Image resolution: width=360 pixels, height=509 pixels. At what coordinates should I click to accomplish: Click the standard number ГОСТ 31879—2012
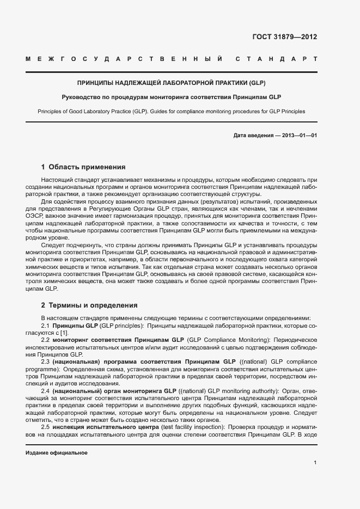tap(284, 37)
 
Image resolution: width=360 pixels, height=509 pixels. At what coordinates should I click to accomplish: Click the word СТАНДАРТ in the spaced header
tap(276, 58)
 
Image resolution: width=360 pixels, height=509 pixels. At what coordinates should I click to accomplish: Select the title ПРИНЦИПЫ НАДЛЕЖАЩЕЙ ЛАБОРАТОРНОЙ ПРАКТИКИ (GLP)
tap(171, 83)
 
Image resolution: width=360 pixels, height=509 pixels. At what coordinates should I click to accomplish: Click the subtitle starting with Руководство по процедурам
tap(171, 97)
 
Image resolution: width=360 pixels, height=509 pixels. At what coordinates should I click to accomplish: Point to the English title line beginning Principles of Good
tap(171, 111)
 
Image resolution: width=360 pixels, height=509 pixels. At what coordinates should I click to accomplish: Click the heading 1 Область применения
tap(83, 167)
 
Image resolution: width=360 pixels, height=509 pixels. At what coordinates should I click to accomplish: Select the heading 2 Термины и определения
tap(89, 305)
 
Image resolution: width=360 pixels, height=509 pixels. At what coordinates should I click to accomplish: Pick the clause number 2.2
tap(46, 339)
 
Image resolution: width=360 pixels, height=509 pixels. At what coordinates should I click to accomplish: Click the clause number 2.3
tap(46, 361)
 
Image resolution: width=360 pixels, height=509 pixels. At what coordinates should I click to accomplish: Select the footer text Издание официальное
tap(57, 453)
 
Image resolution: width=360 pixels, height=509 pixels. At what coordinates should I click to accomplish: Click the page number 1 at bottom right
tap(315, 463)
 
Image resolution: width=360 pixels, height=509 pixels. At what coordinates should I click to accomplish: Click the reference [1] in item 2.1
tap(64, 332)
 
